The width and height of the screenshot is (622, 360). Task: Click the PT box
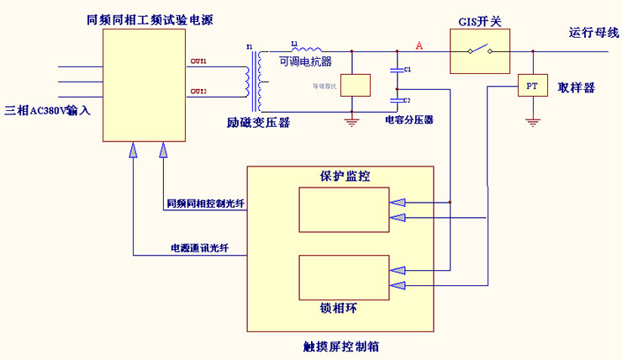pyautogui.click(x=530, y=86)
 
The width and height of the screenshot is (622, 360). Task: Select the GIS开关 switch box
pyautogui.click(x=478, y=50)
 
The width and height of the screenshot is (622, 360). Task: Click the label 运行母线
pyautogui.click(x=593, y=33)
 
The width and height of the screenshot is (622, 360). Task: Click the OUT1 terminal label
pyautogui.click(x=198, y=61)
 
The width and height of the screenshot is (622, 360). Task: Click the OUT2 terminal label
pyautogui.click(x=198, y=91)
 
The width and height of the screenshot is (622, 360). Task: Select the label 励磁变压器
pyautogui.click(x=258, y=123)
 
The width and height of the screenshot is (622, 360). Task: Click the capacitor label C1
pyautogui.click(x=408, y=69)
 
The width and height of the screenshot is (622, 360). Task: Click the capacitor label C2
pyautogui.click(x=408, y=100)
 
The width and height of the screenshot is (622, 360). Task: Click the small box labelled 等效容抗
pyautogui.click(x=355, y=85)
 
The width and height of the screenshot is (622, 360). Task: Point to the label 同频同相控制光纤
pyautogui.click(x=205, y=204)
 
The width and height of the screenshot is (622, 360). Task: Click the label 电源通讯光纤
pyautogui.click(x=199, y=248)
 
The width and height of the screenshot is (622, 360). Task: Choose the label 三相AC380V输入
pyautogui.click(x=48, y=110)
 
